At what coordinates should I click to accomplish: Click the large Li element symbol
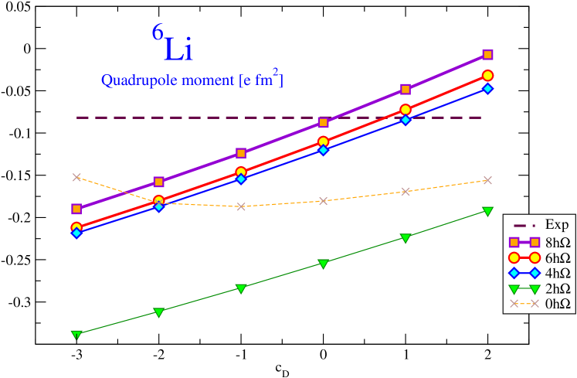(178, 49)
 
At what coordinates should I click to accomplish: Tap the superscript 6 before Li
(157, 33)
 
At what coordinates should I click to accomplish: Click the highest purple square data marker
(488, 55)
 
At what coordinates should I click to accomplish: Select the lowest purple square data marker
(76, 209)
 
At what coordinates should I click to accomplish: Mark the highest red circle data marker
(488, 75)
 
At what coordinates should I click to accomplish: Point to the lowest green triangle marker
(76, 335)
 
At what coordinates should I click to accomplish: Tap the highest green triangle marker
(488, 211)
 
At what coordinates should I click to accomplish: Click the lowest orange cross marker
(241, 206)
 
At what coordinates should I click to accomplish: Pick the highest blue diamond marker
(488, 89)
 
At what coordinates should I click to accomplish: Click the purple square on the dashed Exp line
(324, 122)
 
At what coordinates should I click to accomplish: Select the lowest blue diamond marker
(76, 233)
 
